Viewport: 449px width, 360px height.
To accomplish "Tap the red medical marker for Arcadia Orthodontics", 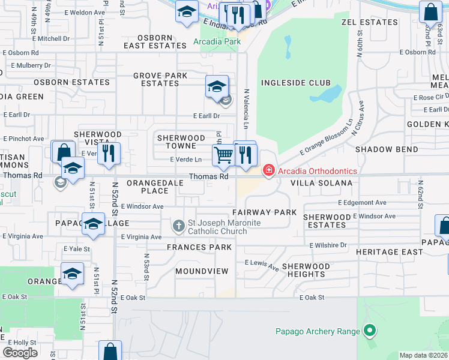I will point(268,171).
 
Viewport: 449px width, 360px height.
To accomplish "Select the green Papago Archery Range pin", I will point(370,331).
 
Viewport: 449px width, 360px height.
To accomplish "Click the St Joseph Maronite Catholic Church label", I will point(224,227).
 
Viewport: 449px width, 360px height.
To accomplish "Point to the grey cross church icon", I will point(178,226).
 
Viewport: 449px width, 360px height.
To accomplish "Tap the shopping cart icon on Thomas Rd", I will point(223,155).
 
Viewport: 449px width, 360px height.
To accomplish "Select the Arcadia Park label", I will point(217,42).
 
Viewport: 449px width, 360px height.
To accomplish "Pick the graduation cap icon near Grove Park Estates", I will point(217,88).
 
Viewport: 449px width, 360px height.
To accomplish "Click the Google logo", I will point(20,352).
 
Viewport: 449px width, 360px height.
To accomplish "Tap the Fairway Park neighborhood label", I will point(265,212).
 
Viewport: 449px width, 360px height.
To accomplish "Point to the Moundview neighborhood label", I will point(202,271).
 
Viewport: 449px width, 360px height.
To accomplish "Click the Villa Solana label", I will point(321,183).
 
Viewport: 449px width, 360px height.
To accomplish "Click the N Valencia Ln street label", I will point(246,109).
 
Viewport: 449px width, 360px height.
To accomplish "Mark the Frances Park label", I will point(199,247).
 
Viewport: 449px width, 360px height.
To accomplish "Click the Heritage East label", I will point(389,252).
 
